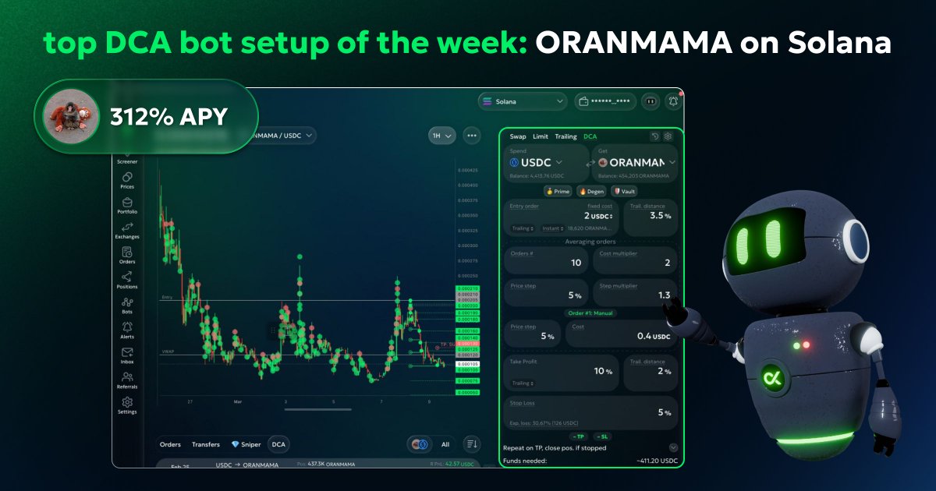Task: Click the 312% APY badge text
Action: pyautogui.click(x=168, y=117)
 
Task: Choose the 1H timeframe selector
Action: pyautogui.click(x=441, y=136)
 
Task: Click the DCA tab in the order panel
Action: pyautogui.click(x=590, y=136)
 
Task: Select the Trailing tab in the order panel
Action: pyautogui.click(x=565, y=136)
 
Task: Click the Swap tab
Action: pyautogui.click(x=518, y=136)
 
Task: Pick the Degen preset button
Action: pyautogui.click(x=590, y=191)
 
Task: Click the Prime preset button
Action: pyautogui.click(x=557, y=191)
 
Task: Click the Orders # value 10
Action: pyautogui.click(x=576, y=263)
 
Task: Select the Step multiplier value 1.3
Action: pyautogui.click(x=664, y=295)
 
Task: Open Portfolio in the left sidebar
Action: pyautogui.click(x=127, y=206)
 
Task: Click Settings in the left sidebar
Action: pyautogui.click(x=127, y=405)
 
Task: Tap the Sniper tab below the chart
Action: pyautogui.click(x=246, y=444)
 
